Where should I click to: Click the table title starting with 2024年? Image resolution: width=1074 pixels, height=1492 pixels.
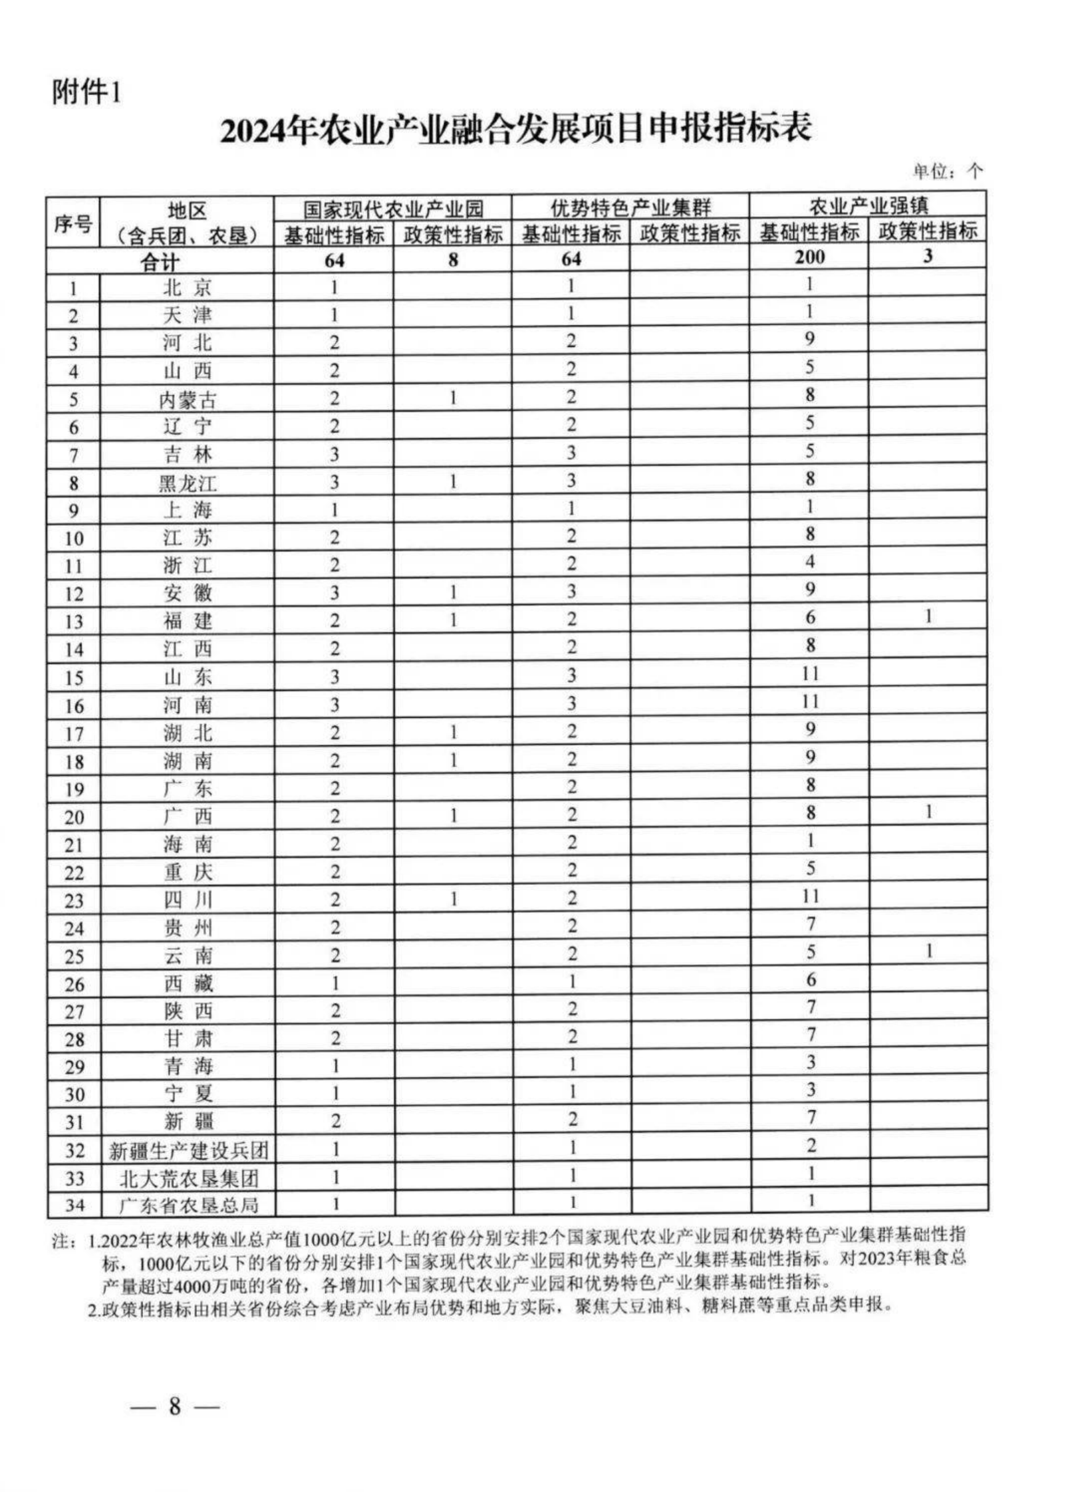pyautogui.click(x=515, y=128)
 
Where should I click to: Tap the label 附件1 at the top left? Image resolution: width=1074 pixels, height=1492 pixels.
pyautogui.click(x=87, y=92)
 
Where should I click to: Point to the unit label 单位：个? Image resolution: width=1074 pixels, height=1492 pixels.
pyautogui.click(x=947, y=172)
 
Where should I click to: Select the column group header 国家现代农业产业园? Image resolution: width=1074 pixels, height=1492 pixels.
pyautogui.click(x=392, y=209)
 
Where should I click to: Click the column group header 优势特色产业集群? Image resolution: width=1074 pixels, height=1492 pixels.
pyautogui.click(x=630, y=207)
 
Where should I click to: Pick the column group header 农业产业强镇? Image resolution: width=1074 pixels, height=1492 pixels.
pyautogui.click(x=867, y=205)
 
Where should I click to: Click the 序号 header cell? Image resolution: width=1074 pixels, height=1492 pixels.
pyautogui.click(x=72, y=223)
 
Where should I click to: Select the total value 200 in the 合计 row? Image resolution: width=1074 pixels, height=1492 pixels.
pyautogui.click(x=809, y=257)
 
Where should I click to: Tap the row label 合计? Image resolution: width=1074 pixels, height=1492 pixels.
pyautogui.click(x=160, y=261)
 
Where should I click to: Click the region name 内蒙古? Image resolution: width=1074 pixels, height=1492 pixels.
pyautogui.click(x=187, y=400)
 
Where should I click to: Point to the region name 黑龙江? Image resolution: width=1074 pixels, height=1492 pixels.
pyautogui.click(x=187, y=483)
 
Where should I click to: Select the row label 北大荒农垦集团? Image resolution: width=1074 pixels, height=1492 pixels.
pyautogui.click(x=188, y=1178)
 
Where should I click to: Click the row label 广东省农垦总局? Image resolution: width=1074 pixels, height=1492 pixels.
pyautogui.click(x=188, y=1205)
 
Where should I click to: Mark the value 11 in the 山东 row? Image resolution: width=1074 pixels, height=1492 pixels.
pyautogui.click(x=809, y=674)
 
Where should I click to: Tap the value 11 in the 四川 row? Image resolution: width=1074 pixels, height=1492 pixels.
pyautogui.click(x=809, y=896)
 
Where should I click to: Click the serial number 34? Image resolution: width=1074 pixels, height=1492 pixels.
pyautogui.click(x=74, y=1205)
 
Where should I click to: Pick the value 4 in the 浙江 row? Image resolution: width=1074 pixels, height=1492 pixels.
pyautogui.click(x=809, y=562)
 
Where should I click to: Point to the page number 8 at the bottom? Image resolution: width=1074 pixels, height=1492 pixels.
pyautogui.click(x=174, y=1407)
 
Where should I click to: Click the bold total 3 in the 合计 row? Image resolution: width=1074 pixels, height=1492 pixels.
pyautogui.click(x=928, y=256)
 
